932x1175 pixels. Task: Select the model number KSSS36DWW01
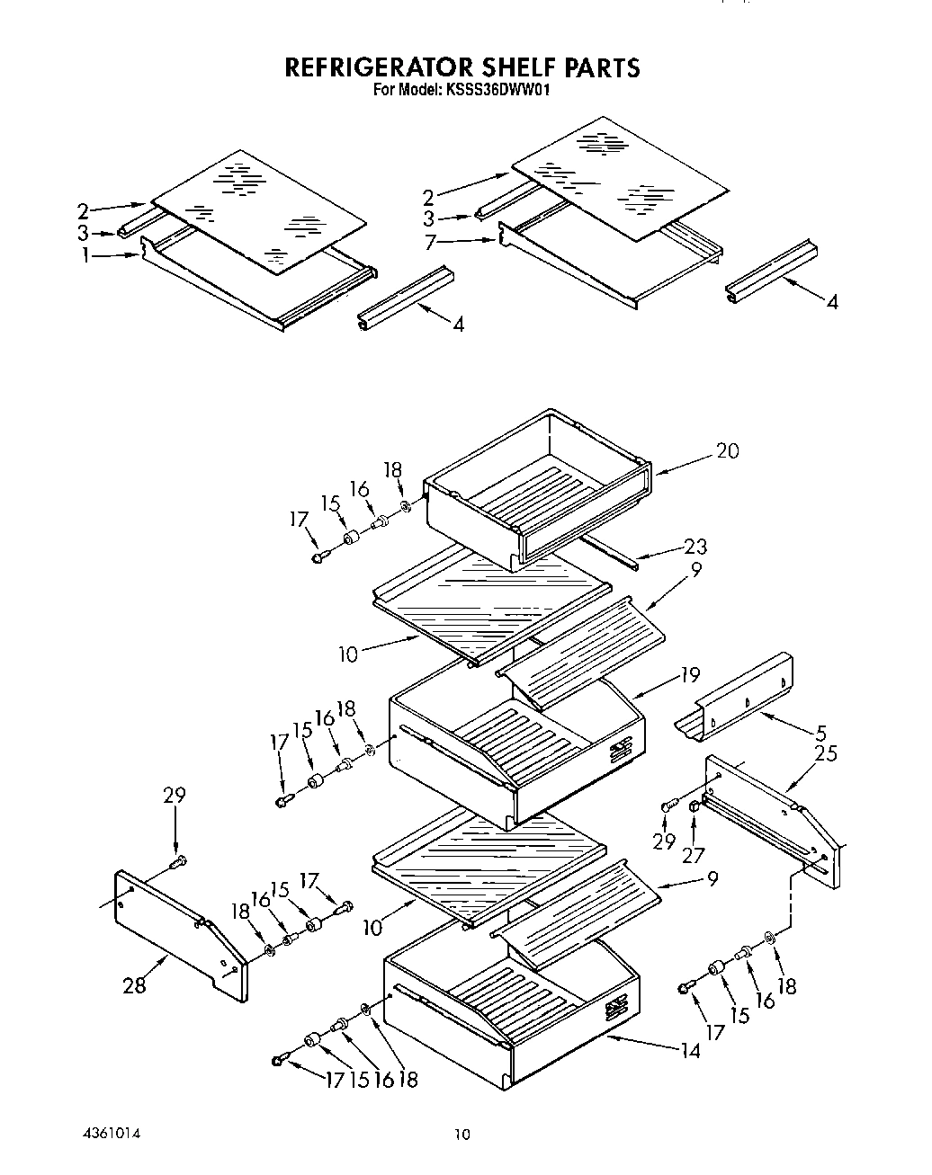click(494, 90)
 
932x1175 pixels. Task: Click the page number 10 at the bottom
click(462, 1135)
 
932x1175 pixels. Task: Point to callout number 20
click(727, 450)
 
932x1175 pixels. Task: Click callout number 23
click(695, 546)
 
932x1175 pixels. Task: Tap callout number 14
click(690, 1049)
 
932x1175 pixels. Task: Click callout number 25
click(825, 752)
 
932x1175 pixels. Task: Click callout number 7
click(431, 242)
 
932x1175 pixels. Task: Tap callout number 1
click(85, 256)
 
